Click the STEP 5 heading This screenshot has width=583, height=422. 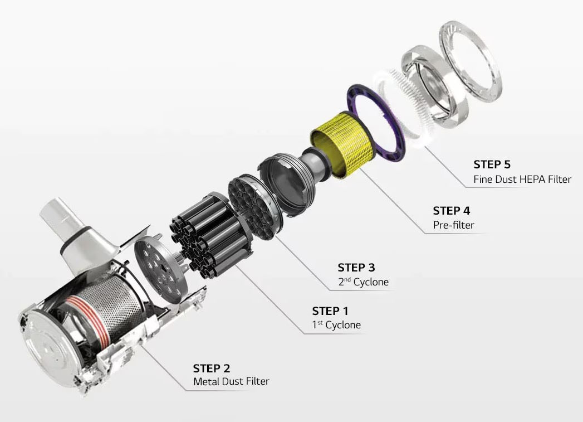(x=492, y=164)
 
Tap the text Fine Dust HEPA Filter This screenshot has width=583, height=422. (x=522, y=180)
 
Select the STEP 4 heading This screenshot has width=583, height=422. (x=451, y=211)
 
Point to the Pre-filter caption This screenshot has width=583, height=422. (x=453, y=225)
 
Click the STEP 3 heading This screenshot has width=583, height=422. (x=356, y=268)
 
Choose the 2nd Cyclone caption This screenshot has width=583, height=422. (x=363, y=282)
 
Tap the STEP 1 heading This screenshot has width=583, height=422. (x=330, y=311)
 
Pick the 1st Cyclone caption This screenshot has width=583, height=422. (x=336, y=325)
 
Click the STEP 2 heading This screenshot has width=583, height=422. (x=211, y=368)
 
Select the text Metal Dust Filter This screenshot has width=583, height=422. (x=231, y=382)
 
